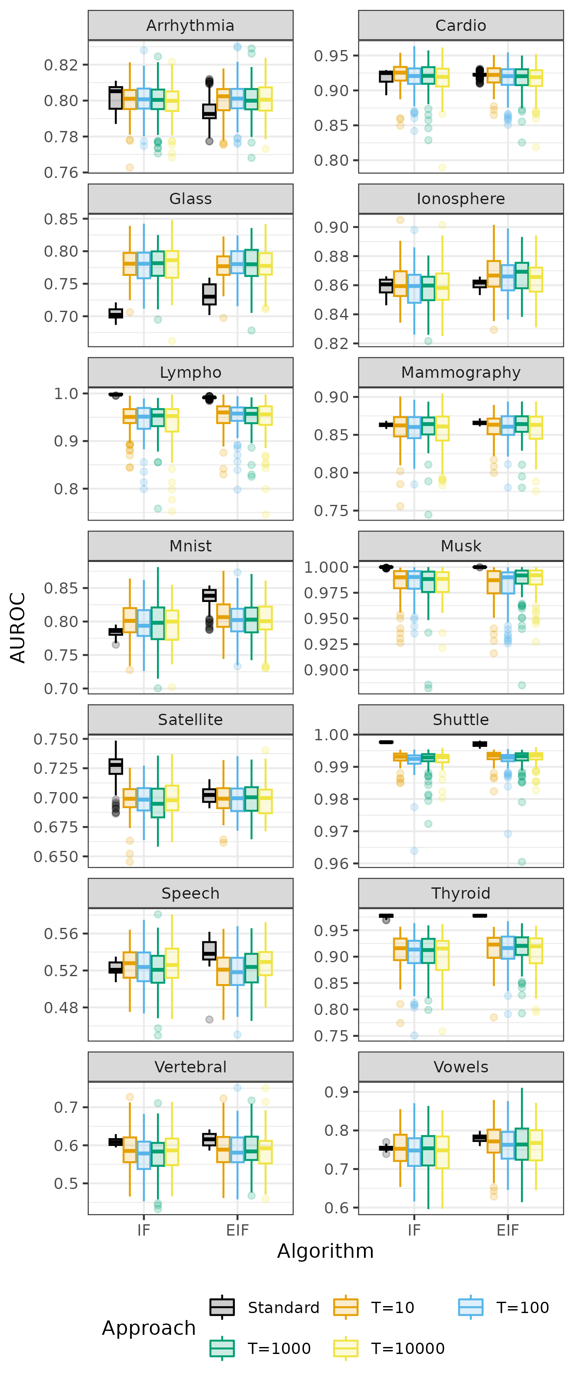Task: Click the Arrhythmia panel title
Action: [190, 25]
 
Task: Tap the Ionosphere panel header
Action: [460, 199]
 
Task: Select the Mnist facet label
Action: [190, 546]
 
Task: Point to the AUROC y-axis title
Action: [18, 627]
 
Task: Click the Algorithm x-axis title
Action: [325, 1251]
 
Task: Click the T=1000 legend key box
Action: [222, 1348]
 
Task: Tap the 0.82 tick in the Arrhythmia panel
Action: [61, 65]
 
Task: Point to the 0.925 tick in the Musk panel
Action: [326, 644]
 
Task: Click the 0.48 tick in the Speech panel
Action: [61, 1008]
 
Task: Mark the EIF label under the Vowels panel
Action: [507, 1230]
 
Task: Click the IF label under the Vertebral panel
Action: [143, 1230]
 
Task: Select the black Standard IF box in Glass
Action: [115, 313]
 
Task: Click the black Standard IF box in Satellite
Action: [115, 766]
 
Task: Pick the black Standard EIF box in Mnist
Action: [210, 595]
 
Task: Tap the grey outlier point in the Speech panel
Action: [210, 1019]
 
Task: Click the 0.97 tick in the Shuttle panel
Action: [331, 831]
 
